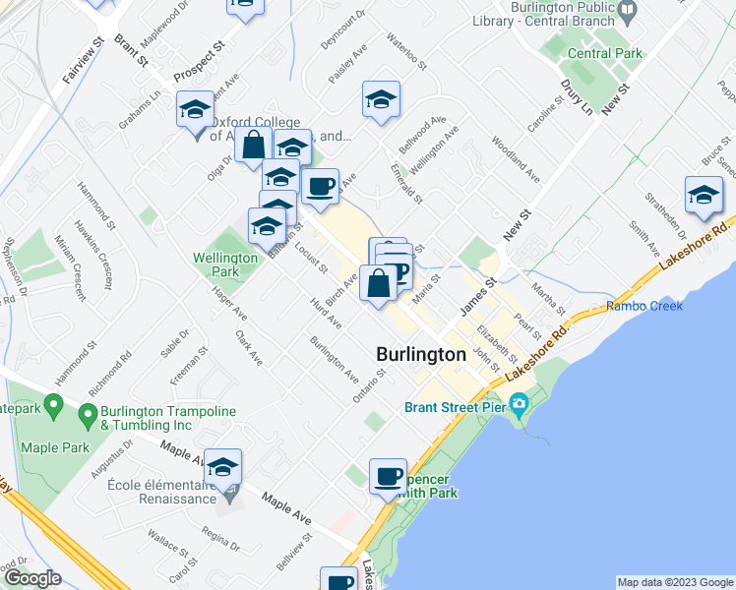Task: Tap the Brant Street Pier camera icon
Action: [519, 405]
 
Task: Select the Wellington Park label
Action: [217, 265]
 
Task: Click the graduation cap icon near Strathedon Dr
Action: [704, 196]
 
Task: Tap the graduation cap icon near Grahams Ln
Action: [195, 109]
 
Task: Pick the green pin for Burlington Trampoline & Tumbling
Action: [88, 413]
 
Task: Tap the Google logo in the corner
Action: [31, 579]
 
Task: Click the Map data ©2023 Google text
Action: [674, 582]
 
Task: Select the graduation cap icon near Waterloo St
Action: [381, 99]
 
